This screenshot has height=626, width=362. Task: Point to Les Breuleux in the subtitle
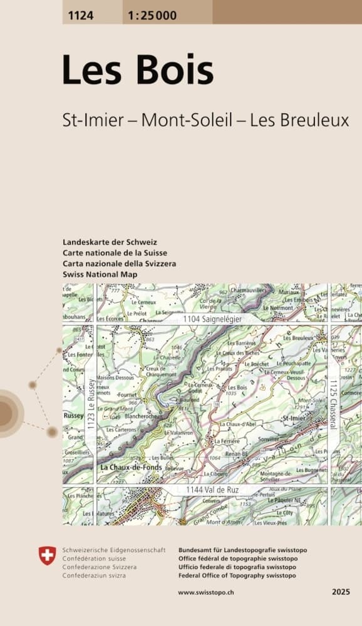pos(299,120)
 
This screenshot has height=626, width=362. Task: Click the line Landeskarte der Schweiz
pos(110,242)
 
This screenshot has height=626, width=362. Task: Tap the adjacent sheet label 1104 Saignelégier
pos(213,319)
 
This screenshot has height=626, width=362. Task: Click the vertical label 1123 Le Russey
pos(91,404)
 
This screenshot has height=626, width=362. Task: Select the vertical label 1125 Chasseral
pos(334,404)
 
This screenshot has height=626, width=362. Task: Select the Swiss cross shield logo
pos(47,555)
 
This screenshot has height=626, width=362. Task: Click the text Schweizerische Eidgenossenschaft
pos(113,550)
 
